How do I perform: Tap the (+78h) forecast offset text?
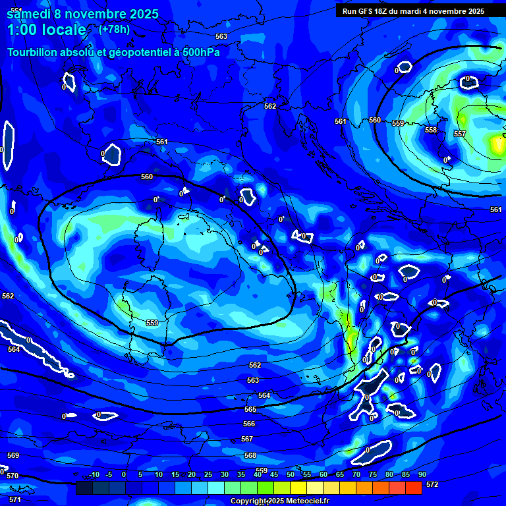click(x=114, y=29)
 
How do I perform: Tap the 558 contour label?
click(x=431, y=130)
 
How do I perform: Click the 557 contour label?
click(x=460, y=134)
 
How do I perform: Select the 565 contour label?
click(x=250, y=409)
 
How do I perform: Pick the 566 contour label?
click(x=249, y=424)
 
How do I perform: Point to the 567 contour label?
click(x=247, y=439)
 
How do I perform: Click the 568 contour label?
click(x=250, y=455)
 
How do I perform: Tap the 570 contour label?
click(x=13, y=475)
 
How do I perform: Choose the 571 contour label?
click(x=14, y=499)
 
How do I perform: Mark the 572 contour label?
click(x=432, y=484)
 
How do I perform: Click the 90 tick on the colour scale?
click(x=422, y=474)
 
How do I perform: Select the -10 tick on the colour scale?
click(x=94, y=474)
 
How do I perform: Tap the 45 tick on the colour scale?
click(x=273, y=474)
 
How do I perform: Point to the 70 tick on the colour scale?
click(x=356, y=474)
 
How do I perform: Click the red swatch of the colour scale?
click(x=413, y=488)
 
